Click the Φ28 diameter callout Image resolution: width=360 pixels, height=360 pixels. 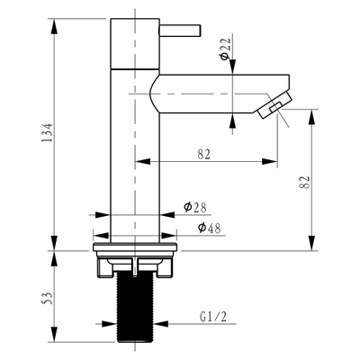[x=194, y=207]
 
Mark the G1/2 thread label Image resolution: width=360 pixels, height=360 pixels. [x=212, y=316]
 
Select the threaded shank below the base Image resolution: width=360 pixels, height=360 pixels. [x=134, y=310]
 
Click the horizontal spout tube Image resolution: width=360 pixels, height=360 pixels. [x=211, y=90]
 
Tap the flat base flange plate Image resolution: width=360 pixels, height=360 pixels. [x=134, y=243]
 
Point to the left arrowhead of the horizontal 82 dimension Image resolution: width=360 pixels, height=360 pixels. [x=139, y=162]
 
